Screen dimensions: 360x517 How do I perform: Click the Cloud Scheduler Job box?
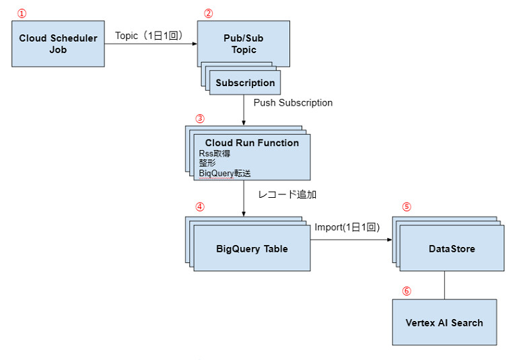click(58, 44)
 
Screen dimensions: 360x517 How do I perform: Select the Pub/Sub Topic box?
click(244, 44)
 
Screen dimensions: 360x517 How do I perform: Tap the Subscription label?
click(245, 83)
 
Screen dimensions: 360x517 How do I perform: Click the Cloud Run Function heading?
click(252, 143)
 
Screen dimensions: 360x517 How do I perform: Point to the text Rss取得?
click(215, 153)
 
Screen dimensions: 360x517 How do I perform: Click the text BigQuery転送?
click(225, 173)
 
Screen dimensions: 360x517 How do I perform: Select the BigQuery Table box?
click(252, 248)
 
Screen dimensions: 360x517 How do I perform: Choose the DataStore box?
click(452, 248)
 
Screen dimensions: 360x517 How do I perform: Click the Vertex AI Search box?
click(444, 322)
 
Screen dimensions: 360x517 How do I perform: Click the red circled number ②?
click(208, 13)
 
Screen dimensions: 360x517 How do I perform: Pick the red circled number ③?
click(199, 118)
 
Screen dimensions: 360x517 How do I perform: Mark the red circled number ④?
click(199, 207)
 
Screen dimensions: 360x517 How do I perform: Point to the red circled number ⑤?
click(405, 207)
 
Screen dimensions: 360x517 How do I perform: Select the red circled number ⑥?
click(406, 291)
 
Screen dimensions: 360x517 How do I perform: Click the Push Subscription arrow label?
click(293, 103)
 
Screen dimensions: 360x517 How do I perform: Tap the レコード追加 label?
click(287, 194)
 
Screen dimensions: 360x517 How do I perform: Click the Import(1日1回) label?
click(347, 227)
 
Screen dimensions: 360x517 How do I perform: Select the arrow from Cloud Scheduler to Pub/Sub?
click(151, 44)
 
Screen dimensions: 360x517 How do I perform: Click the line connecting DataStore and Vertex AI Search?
click(444, 285)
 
